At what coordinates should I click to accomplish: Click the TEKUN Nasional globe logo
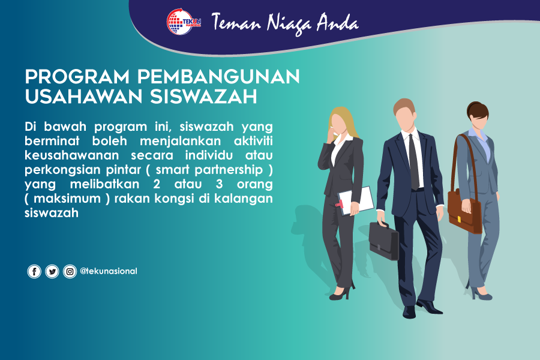184,22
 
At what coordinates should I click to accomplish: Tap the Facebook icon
34,271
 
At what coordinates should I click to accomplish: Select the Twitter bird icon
52,271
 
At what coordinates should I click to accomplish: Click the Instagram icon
70,271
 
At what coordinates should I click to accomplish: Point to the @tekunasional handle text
109,271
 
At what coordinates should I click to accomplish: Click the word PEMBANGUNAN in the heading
218,76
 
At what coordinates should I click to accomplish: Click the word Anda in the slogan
337,22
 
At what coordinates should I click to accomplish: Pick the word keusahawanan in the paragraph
71,155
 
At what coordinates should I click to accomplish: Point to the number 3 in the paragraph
220,184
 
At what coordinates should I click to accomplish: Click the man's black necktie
413,162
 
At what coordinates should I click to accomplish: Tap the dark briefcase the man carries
383,241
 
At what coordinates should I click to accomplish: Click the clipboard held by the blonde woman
356,201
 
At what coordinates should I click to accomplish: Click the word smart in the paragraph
173,169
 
